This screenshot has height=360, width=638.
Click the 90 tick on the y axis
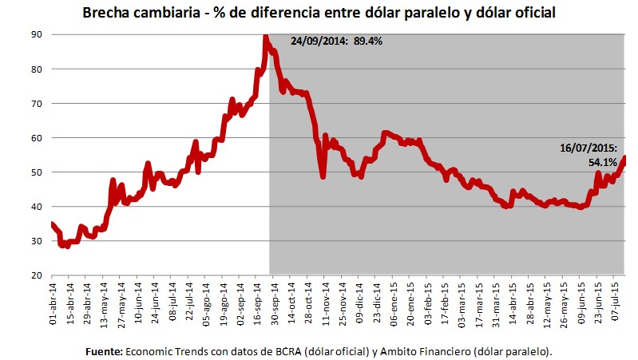coord(37,34)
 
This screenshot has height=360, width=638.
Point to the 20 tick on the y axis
coord(37,275)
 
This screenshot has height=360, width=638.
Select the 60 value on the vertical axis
coord(37,138)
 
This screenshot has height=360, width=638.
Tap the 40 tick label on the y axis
coord(37,207)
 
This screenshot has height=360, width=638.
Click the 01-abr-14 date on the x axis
coord(52,302)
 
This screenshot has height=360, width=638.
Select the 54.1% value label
coord(603,162)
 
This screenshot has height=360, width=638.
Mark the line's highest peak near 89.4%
coord(265,37)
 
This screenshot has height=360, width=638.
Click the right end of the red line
coord(624,158)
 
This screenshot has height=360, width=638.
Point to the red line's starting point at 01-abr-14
coord(52,224)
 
